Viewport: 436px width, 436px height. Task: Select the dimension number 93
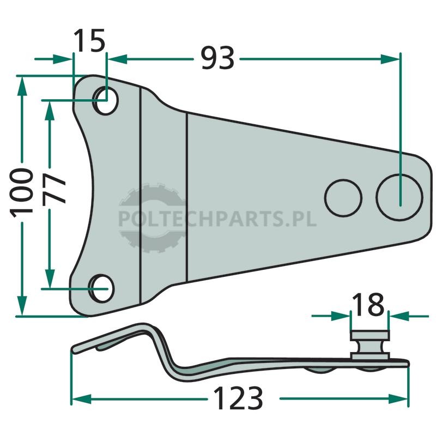tap(217, 58)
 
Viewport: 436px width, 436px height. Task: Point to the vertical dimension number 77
tap(54, 189)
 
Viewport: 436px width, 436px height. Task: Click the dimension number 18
tap(368, 304)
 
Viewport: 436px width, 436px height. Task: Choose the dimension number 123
tap(238, 398)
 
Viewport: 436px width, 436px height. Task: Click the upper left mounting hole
tap(106, 100)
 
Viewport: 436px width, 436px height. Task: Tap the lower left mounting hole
tap(101, 288)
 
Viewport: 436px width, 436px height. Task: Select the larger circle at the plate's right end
tap(399, 197)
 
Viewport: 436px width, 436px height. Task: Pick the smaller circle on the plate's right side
tap(343, 198)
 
